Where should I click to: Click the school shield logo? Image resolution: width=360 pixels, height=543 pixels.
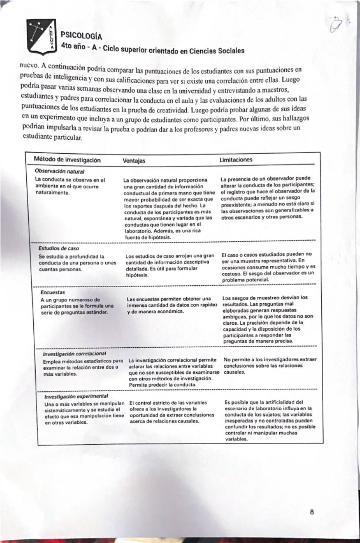(41, 37)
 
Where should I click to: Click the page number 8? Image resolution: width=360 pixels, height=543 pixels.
(312, 512)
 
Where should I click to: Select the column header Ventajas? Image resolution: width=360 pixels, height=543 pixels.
(134, 161)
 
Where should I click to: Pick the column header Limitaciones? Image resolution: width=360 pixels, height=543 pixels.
(236, 160)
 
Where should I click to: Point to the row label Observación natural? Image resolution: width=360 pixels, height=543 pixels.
(60, 171)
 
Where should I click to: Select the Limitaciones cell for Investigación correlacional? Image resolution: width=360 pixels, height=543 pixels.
(270, 366)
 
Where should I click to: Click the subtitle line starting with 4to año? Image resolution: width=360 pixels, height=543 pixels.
(152, 48)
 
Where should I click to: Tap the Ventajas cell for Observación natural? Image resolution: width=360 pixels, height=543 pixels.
(170, 208)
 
